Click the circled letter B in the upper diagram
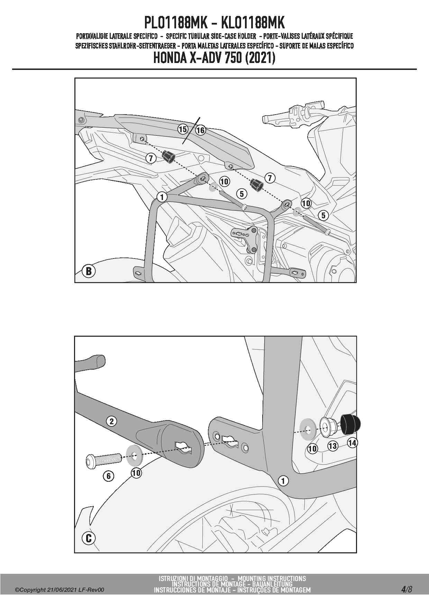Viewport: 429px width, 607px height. coord(89,271)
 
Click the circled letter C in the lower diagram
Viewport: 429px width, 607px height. coord(89,538)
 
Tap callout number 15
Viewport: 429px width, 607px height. coord(183,129)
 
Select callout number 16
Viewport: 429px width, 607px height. coord(200,130)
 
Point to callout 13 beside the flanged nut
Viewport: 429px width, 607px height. coord(333,446)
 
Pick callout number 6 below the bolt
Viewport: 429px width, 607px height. coord(109,476)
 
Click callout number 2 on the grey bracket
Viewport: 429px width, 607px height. coord(111,421)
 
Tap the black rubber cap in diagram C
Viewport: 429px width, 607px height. coord(351,424)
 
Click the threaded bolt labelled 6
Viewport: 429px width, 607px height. coord(103,461)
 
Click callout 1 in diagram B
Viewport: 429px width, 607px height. coord(162,197)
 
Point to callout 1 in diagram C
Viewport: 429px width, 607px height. coord(283,481)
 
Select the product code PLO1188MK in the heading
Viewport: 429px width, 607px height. coord(176,23)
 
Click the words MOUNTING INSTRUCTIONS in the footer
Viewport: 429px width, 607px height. coord(272,578)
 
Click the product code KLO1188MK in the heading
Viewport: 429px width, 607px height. coord(253,23)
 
